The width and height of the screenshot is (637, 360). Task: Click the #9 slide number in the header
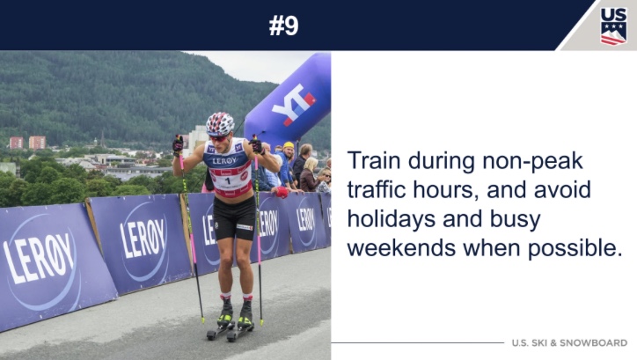283,26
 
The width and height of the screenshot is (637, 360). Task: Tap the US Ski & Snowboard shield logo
613,26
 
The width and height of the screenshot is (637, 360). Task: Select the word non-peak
532,162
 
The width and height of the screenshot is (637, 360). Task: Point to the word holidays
392,219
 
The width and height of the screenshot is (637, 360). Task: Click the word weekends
401,247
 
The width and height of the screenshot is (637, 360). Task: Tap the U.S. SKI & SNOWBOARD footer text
569,343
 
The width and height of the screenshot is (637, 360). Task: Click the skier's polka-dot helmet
220,123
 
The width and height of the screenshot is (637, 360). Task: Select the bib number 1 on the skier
228,180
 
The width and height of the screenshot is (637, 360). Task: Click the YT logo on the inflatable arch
293,104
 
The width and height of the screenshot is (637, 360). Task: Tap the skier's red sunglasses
219,138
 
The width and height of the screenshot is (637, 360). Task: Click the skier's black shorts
234,218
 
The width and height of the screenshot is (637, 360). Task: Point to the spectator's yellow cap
289,145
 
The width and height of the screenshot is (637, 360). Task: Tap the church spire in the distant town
103,139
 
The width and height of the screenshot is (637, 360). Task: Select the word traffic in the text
377,190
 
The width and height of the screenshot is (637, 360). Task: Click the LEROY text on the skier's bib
224,161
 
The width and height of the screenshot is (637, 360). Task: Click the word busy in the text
515,219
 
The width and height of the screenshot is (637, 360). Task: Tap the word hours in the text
444,190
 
